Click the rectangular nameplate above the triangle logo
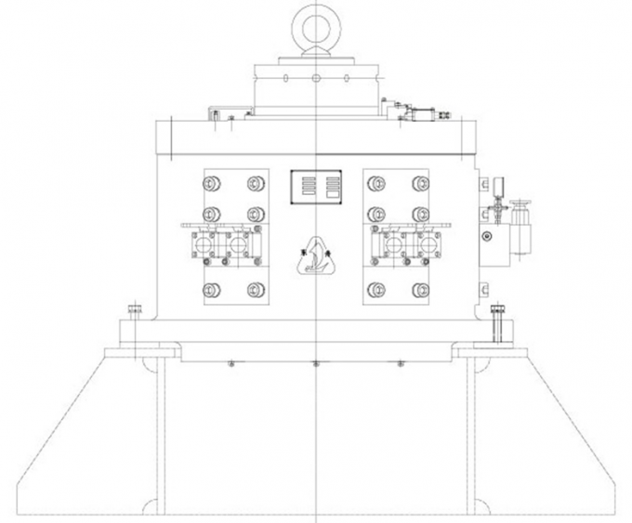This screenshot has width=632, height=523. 315,187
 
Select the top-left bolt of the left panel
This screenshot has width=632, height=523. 211,182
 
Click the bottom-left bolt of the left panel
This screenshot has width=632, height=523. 211,289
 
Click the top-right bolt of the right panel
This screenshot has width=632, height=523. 421,182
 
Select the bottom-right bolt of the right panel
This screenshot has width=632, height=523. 421,289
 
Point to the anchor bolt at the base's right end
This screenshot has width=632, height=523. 497,320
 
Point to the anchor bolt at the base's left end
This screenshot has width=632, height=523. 134,320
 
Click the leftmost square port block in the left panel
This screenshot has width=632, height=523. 203,245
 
